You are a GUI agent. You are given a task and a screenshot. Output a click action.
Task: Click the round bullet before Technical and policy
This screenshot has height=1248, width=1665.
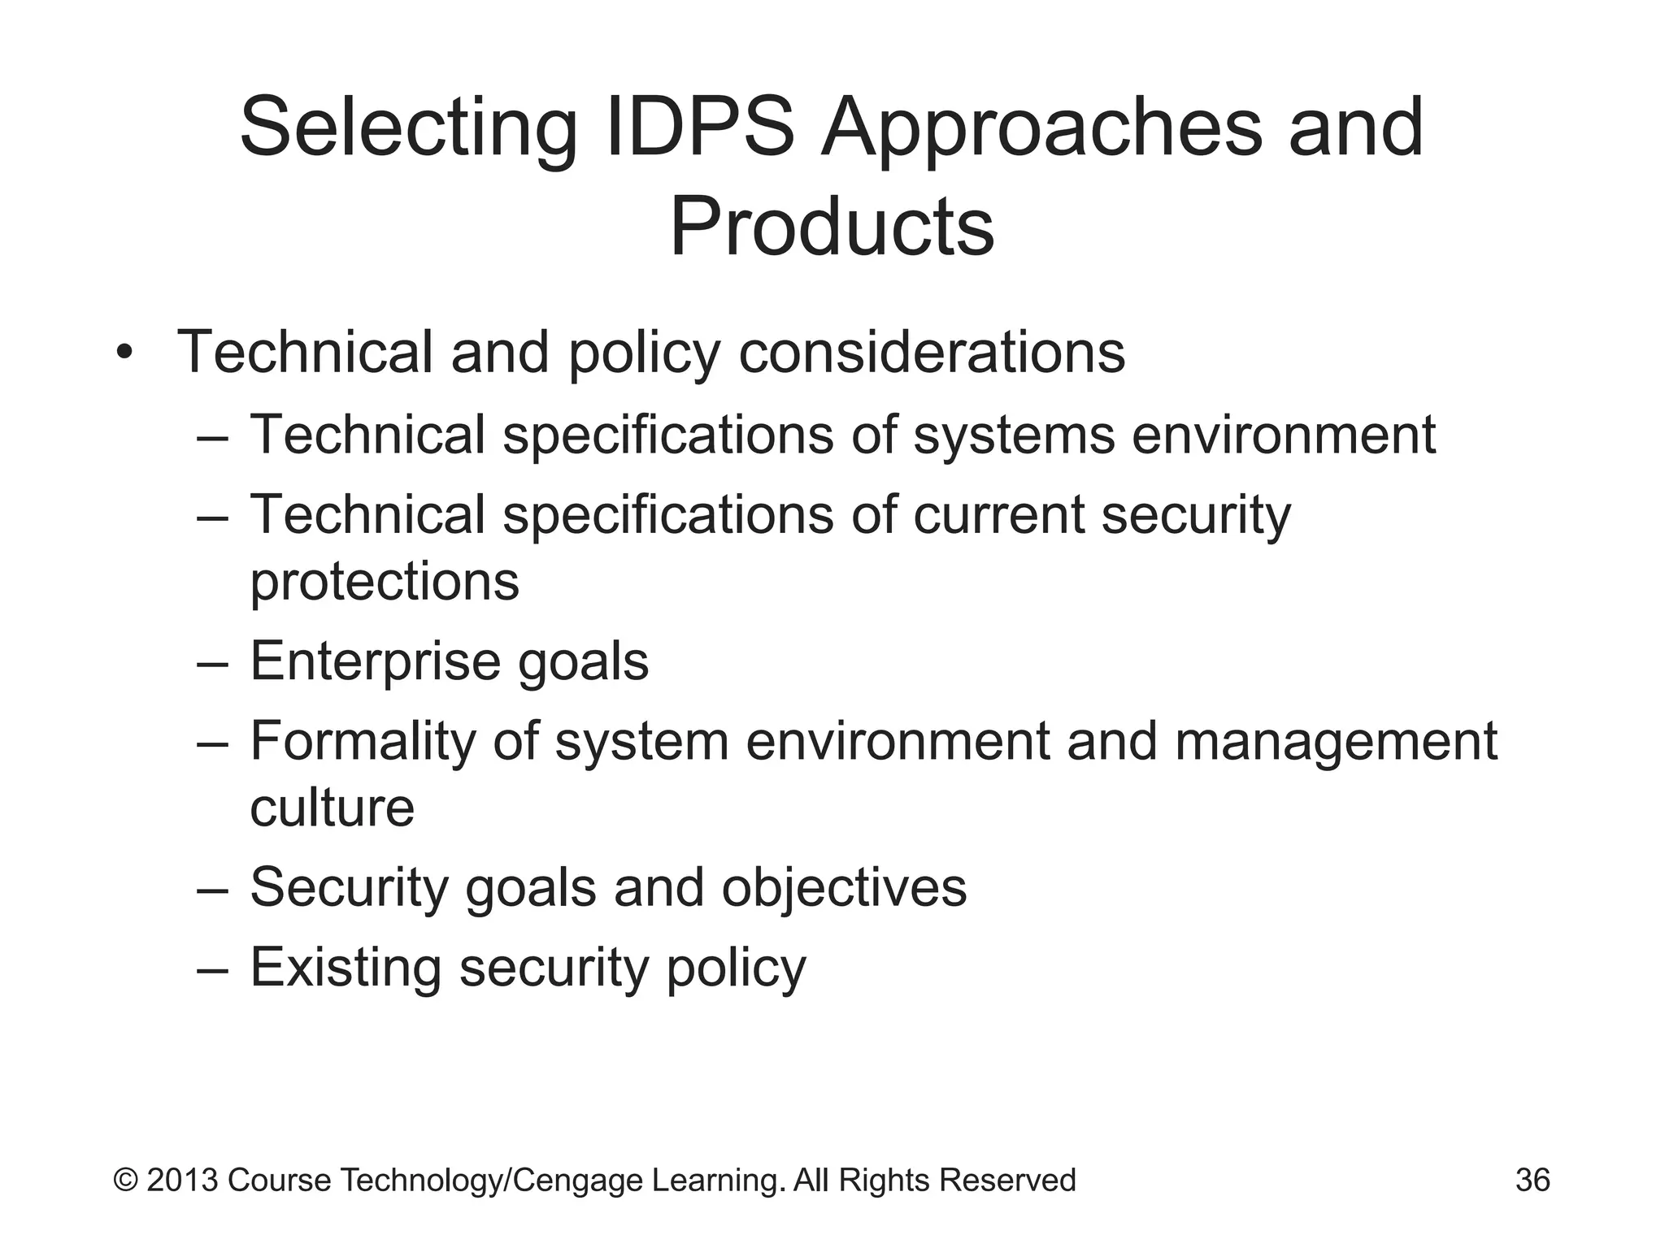pyautogui.click(x=124, y=353)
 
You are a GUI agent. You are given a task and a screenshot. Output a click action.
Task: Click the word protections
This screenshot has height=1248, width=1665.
pyautogui.click(x=384, y=582)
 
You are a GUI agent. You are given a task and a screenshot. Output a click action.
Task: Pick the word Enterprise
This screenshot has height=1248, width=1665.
pyautogui.click(x=375, y=662)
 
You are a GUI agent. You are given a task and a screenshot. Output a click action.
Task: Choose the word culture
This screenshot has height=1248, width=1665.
pyautogui.click(x=332, y=808)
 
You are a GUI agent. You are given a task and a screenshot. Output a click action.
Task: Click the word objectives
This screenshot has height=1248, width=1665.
pyautogui.click(x=844, y=887)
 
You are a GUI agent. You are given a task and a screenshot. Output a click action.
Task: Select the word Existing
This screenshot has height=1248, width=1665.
pyautogui.click(x=346, y=968)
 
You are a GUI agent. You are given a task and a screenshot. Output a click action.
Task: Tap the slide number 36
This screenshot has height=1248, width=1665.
pyautogui.click(x=1532, y=1181)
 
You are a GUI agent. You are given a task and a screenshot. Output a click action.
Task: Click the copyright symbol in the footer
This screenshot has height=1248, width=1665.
pyautogui.click(x=126, y=1181)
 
